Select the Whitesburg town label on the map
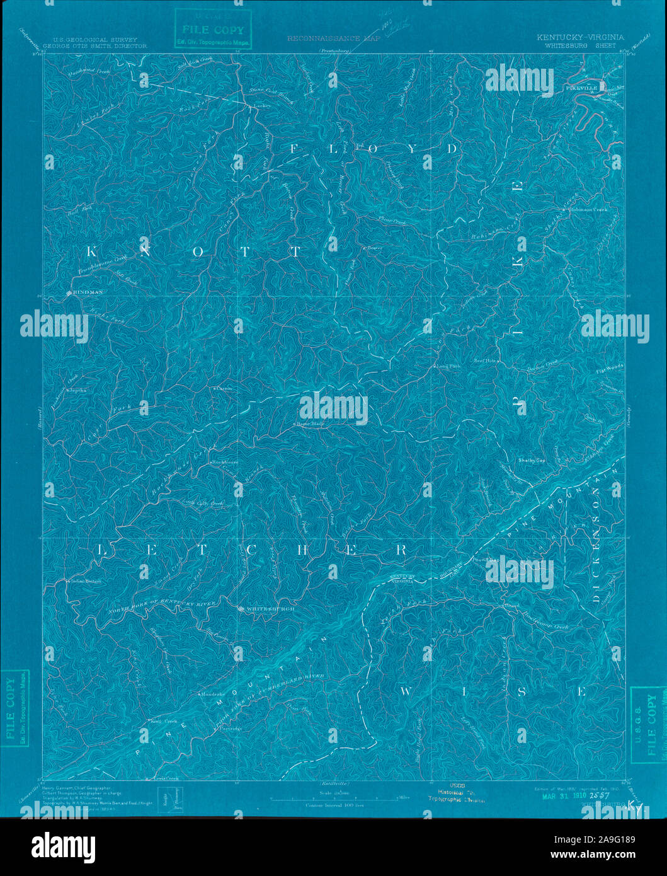(261, 609)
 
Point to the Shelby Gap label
(531, 460)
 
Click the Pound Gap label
(484, 559)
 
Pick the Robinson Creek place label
(592, 209)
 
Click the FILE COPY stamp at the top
(212, 29)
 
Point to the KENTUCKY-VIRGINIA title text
(580, 37)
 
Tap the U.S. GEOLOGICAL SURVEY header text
(101, 40)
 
